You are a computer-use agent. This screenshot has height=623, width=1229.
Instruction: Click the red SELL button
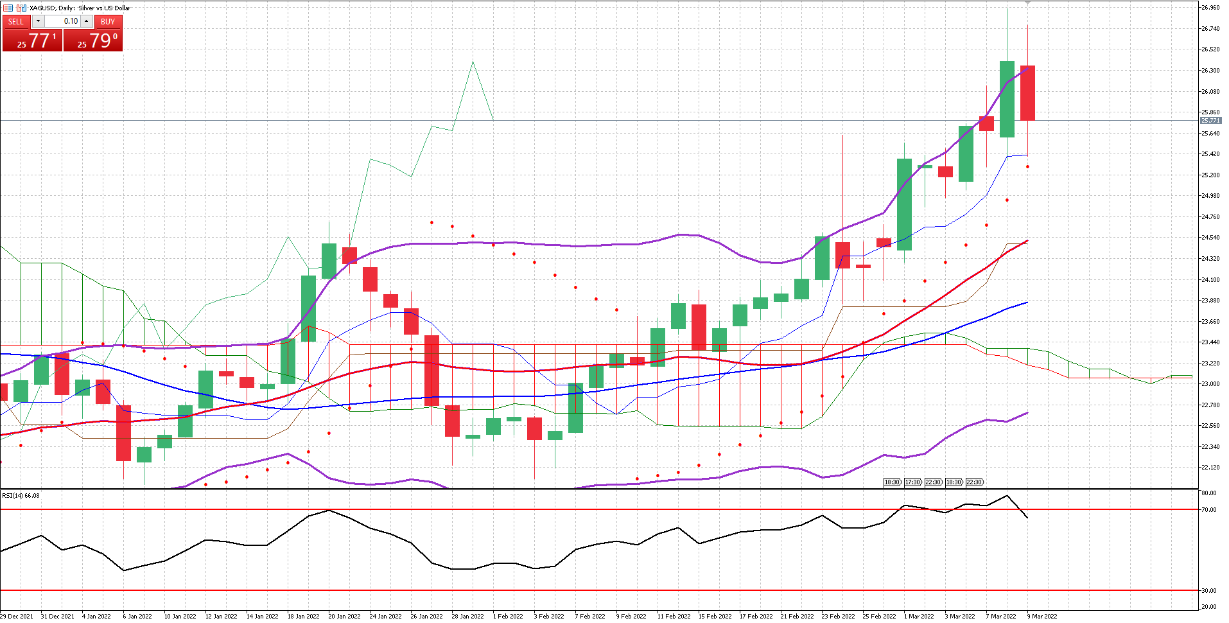click(16, 21)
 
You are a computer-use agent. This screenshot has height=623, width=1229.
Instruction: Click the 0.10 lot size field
click(64, 21)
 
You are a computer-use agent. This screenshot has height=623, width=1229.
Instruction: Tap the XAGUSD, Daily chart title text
click(80, 8)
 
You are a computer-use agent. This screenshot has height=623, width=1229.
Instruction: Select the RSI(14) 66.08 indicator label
click(21, 495)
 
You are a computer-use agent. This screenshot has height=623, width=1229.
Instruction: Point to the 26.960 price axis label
click(1210, 8)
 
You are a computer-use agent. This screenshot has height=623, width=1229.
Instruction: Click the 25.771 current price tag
click(1210, 121)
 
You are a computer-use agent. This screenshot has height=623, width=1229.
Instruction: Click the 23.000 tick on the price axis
click(1210, 384)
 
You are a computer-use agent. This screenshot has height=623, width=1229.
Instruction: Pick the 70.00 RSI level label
click(1209, 510)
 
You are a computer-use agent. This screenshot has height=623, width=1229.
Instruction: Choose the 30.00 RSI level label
click(1209, 591)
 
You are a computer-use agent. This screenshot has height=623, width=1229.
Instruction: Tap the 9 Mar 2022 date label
click(1042, 617)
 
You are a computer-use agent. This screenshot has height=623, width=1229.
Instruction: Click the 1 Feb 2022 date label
click(508, 617)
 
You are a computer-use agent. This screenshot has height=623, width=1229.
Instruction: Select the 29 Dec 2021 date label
click(17, 617)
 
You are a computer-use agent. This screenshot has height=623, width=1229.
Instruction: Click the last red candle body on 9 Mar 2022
click(1027, 93)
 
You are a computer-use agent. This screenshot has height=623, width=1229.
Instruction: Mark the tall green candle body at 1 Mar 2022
click(904, 204)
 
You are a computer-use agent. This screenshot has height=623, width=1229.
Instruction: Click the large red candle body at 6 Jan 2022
click(123, 433)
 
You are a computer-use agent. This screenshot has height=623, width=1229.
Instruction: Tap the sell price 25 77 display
click(33, 40)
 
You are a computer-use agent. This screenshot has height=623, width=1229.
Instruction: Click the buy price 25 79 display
click(93, 40)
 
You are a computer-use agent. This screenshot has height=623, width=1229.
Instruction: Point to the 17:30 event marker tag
click(912, 482)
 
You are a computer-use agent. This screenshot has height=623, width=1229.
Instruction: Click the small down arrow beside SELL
click(38, 21)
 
